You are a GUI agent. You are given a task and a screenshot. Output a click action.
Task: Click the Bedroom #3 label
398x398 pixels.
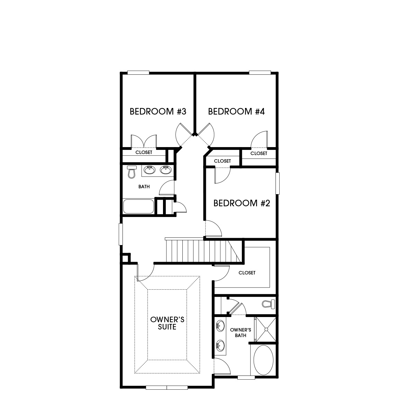(158, 111)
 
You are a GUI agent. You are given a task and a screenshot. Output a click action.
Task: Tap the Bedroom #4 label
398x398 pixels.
(236, 111)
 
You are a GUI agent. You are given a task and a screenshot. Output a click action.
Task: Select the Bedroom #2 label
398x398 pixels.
(241, 203)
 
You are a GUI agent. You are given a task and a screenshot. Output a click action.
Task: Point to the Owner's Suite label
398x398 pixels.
(167, 323)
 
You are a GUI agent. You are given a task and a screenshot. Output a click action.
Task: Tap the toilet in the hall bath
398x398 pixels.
(131, 172)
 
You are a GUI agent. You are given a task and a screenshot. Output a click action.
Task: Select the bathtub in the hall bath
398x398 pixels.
(138, 206)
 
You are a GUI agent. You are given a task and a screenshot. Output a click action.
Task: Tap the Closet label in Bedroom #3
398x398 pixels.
(144, 152)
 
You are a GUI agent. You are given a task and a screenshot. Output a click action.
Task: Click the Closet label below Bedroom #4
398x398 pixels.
(259, 153)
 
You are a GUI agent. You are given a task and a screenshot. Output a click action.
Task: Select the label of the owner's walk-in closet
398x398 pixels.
(247, 273)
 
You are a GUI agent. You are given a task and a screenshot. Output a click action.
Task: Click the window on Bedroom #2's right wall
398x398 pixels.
(277, 183)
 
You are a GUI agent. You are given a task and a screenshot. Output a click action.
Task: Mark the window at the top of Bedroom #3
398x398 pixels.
(138, 73)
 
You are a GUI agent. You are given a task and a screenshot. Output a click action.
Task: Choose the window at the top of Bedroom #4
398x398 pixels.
(260, 73)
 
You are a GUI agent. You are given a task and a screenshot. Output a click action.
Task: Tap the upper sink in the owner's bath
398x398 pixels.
(219, 326)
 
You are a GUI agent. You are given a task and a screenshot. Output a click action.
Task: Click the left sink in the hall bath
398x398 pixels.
(149, 170)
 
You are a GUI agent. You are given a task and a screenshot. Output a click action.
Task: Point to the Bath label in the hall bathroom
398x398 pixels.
(144, 187)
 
